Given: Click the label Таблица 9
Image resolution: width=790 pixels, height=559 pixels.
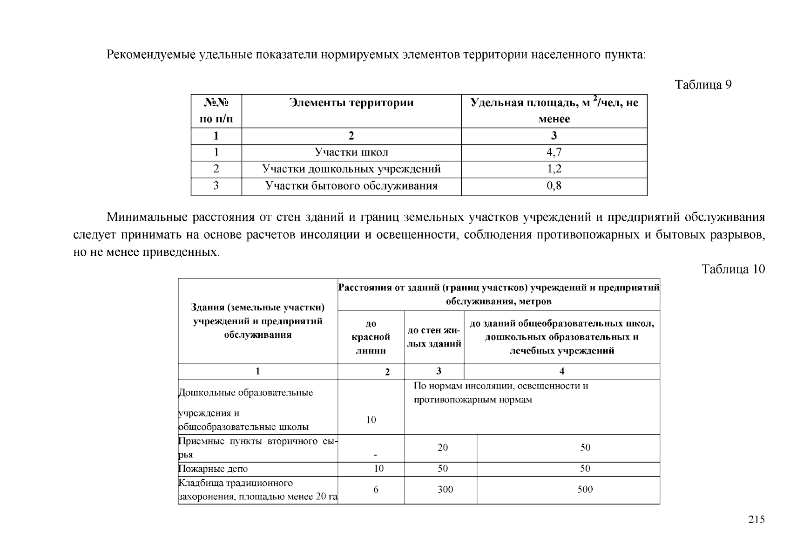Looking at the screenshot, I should pyautogui.click(x=703, y=85).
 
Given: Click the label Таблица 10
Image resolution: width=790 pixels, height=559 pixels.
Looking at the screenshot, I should pyautogui.click(x=733, y=269).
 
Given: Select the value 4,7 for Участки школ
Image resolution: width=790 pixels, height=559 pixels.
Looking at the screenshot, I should pyautogui.click(x=554, y=152).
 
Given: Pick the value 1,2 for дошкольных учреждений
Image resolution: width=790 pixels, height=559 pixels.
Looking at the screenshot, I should pyautogui.click(x=554, y=169).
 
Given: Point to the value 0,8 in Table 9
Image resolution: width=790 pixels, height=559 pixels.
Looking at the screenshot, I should pyautogui.click(x=554, y=186).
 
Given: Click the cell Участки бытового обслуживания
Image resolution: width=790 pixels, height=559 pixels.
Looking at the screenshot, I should pyautogui.click(x=351, y=186).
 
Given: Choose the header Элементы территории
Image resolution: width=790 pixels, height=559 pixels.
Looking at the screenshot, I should pyautogui.click(x=351, y=102).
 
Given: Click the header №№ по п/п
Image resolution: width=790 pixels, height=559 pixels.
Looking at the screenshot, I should pyautogui.click(x=216, y=111).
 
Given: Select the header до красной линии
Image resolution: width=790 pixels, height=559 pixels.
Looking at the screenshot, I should pyautogui.click(x=371, y=337).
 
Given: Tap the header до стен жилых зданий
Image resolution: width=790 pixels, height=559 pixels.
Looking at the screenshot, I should pyautogui.click(x=434, y=337).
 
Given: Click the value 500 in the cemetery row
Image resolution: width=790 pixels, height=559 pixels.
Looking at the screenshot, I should pyautogui.click(x=585, y=489).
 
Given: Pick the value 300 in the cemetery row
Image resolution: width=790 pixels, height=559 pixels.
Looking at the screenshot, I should pyautogui.click(x=445, y=489).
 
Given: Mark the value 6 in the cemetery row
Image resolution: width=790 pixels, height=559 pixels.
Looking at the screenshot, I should pyautogui.click(x=376, y=489).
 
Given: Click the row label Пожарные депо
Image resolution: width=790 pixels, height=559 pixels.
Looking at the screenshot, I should pyautogui.click(x=213, y=469).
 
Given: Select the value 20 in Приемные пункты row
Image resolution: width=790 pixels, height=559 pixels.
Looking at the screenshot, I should pyautogui.click(x=443, y=447).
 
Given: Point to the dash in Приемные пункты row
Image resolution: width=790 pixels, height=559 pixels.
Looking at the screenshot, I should pyautogui.click(x=375, y=455).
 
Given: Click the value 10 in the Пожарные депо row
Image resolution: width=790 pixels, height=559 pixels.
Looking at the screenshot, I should pyautogui.click(x=378, y=469).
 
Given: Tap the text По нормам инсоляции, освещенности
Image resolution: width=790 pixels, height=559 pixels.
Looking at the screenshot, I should pyautogui.click(x=500, y=386).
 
